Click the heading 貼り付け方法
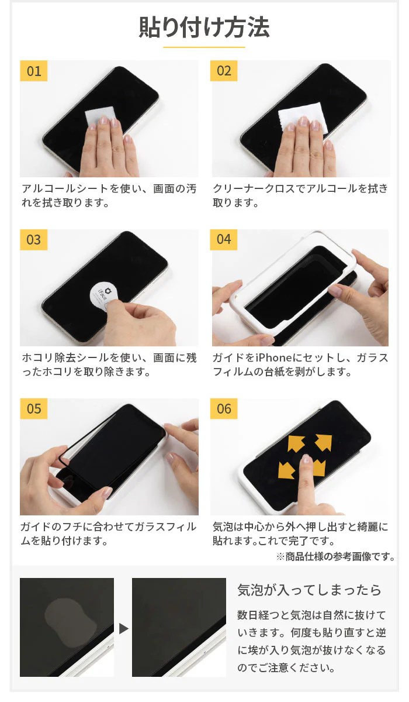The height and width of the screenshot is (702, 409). tap(204, 27)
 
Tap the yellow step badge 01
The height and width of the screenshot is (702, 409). tap(33, 71)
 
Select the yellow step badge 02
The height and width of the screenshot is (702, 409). tap(224, 71)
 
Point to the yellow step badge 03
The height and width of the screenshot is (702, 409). tap(33, 240)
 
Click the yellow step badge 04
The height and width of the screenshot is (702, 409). tap(224, 240)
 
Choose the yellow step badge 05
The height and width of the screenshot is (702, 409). tap(33, 409)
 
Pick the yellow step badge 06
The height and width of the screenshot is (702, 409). tap(224, 409)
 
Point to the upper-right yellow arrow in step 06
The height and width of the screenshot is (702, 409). tap(323, 442)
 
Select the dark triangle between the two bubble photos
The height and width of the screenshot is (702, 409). tap(124, 629)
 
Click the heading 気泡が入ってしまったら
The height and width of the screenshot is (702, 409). tap(309, 590)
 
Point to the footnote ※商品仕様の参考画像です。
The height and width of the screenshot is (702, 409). tap(335, 556)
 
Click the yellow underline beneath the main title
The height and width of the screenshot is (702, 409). tap(204, 47)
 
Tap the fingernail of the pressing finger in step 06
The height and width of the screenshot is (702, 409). tap(306, 459)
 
